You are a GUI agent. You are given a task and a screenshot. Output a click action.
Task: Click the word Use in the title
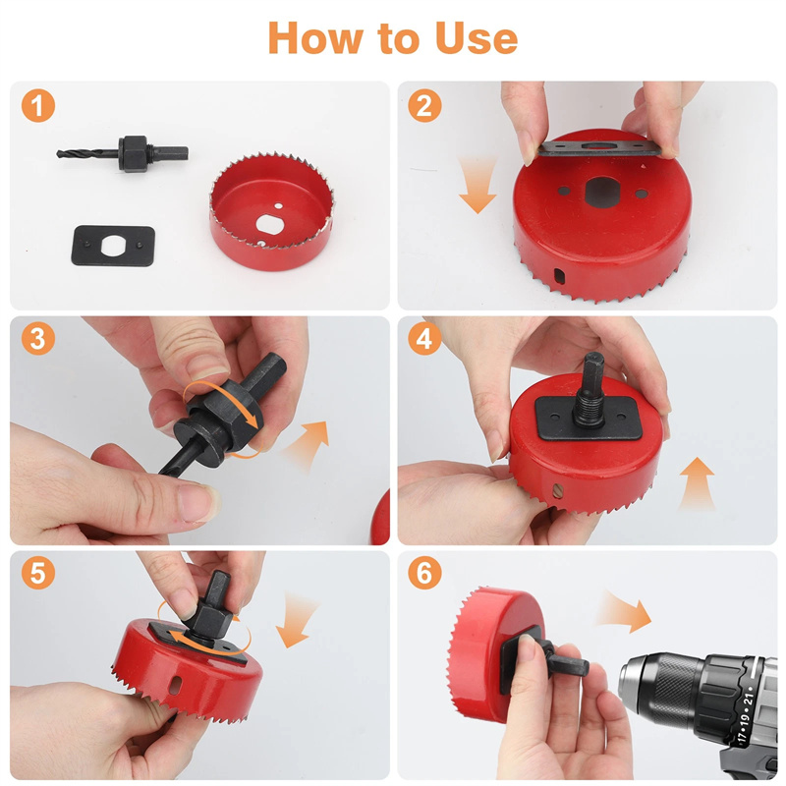click(477, 38)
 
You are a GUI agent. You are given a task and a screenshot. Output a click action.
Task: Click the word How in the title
click(315, 38)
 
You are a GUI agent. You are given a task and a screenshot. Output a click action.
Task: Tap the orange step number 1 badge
click(38, 106)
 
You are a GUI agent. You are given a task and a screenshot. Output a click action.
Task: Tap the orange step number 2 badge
click(424, 106)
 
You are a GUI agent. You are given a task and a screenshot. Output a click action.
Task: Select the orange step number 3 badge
click(38, 338)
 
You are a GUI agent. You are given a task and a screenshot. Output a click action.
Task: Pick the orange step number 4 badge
click(424, 338)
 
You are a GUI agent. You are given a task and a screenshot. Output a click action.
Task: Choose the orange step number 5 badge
click(38, 573)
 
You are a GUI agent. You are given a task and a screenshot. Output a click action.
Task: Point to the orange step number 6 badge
click(424, 573)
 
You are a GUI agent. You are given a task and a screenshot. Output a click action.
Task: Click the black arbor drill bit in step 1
click(123, 154)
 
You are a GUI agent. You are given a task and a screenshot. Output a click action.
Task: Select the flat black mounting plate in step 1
click(113, 246)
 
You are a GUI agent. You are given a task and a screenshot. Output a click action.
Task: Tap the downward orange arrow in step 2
click(477, 186)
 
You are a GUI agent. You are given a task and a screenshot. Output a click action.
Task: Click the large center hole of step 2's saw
click(602, 192)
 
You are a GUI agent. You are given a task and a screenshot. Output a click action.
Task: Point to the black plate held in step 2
click(598, 148)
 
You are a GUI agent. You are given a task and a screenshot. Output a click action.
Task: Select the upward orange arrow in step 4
click(698, 483)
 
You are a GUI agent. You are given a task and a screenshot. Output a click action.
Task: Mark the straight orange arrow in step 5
click(296, 621)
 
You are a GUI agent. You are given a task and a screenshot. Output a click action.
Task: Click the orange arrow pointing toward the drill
click(624, 610)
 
